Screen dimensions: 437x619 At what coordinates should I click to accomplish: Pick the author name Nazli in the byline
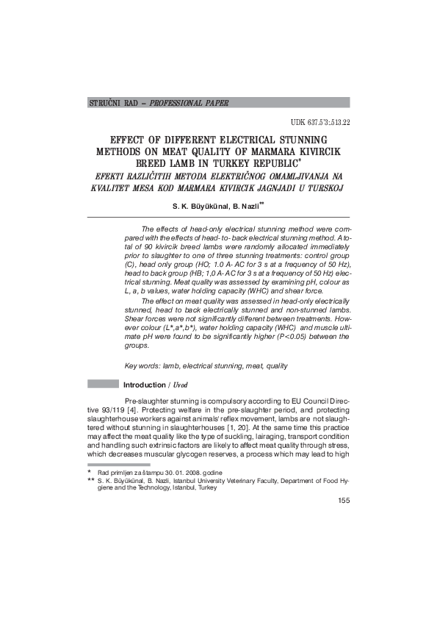point(249,207)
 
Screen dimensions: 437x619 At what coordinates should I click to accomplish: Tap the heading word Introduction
point(145,384)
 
